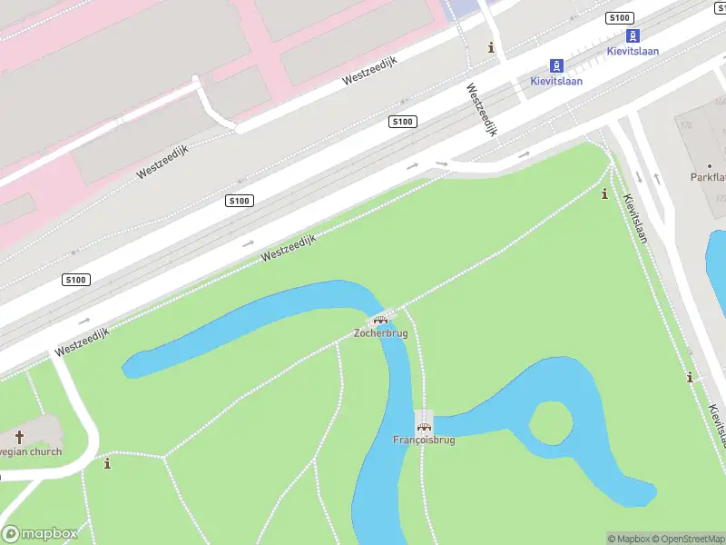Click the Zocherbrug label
380,333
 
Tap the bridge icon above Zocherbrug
380,319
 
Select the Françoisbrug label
424,440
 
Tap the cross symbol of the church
19,437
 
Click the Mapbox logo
40,533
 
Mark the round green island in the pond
551,423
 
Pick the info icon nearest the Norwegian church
108,464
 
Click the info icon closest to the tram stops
492,47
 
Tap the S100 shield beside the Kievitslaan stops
619,18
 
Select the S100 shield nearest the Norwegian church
75,280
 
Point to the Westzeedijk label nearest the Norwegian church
82,342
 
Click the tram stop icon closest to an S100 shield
634,35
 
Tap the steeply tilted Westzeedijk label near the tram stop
483,109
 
